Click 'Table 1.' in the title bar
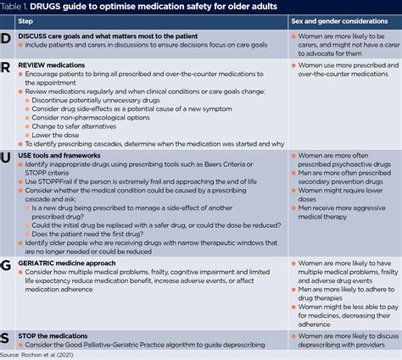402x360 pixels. (x=20, y=8)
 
